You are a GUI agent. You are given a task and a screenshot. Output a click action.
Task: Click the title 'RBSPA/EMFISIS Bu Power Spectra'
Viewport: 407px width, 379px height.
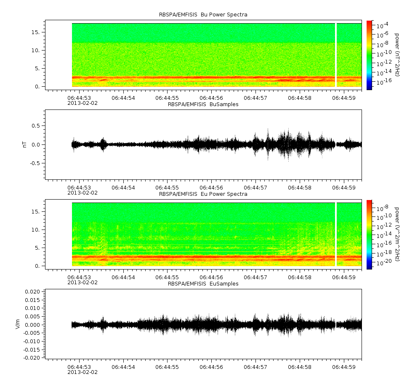203,15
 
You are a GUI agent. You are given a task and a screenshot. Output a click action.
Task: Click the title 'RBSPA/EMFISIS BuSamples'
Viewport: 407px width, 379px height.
203,104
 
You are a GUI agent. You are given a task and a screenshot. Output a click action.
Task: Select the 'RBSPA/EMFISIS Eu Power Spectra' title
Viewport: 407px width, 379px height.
203,194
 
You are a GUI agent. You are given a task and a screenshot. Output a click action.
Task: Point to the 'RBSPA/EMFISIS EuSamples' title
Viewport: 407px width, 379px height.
203,284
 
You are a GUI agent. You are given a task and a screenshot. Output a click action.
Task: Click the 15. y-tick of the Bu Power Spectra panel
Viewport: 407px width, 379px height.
35,32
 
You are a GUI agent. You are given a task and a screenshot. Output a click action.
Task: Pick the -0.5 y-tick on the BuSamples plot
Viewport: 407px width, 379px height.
35,163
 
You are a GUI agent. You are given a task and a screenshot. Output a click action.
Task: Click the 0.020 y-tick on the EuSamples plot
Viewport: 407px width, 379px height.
32,292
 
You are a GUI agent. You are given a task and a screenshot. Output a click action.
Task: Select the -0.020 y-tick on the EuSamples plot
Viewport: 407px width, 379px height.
32,358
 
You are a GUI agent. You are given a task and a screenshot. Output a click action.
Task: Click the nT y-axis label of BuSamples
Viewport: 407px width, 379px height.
25,145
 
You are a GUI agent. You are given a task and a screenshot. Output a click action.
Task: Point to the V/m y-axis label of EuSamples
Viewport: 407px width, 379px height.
18,324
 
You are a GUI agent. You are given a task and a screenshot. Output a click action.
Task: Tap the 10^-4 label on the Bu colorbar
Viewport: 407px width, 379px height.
382,25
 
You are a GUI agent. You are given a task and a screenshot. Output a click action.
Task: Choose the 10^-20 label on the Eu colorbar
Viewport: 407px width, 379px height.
384,262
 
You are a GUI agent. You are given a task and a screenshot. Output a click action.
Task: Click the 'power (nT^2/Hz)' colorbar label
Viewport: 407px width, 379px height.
397,55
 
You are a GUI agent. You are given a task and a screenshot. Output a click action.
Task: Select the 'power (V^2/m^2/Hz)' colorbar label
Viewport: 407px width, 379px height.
397,234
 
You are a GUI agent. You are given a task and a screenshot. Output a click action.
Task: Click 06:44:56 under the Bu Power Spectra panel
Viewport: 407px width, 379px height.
211,98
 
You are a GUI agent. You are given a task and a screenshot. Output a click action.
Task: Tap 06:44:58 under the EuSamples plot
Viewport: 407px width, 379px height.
300,367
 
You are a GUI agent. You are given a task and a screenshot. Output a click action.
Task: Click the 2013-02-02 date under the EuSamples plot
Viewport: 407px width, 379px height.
82,372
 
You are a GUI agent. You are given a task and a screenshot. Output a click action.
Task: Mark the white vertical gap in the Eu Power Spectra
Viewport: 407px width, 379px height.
336,234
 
